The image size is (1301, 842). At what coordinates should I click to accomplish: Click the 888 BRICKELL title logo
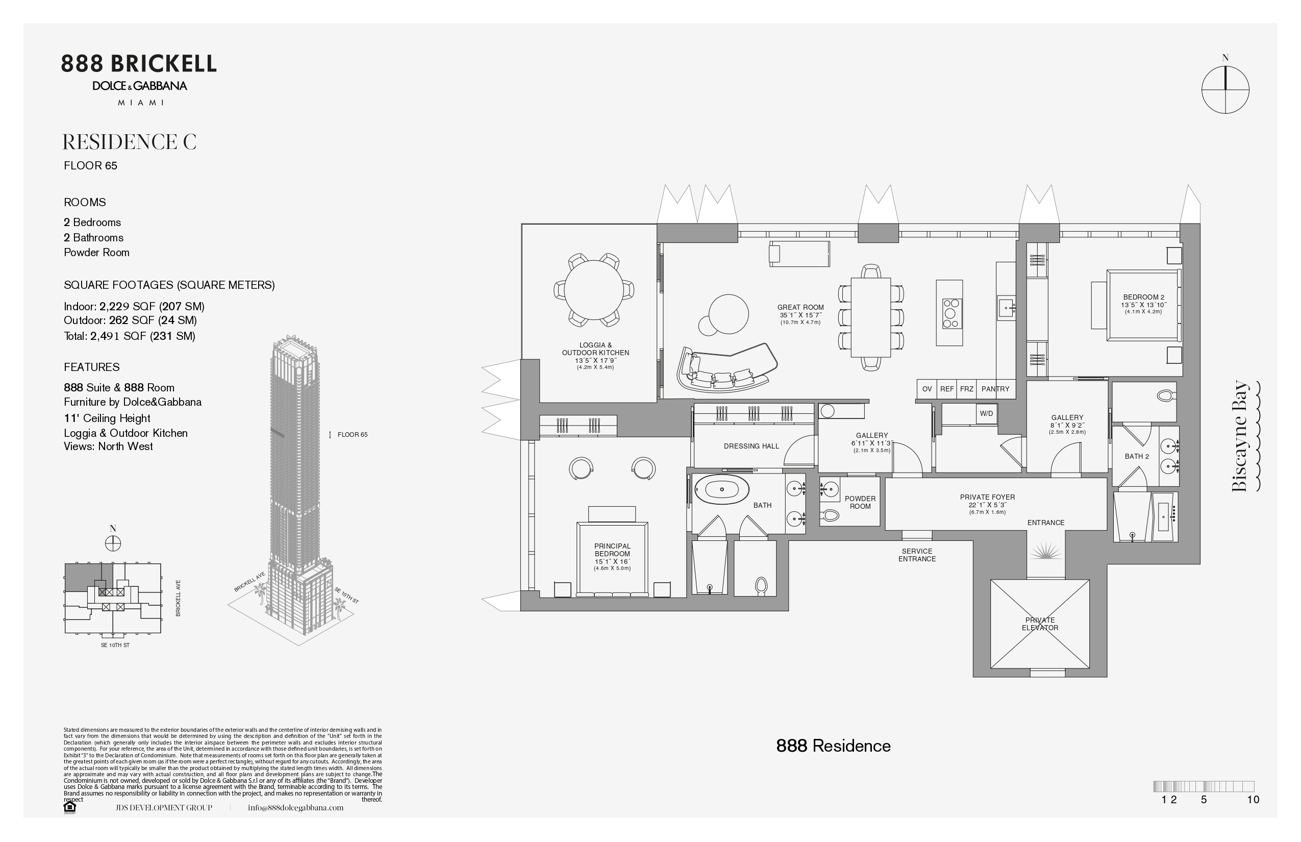pos(139,64)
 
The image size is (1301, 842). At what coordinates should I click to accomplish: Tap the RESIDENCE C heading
pos(130,142)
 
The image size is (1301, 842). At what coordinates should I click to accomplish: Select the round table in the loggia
pos(594,290)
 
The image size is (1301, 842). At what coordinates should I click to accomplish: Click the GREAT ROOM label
pos(800,307)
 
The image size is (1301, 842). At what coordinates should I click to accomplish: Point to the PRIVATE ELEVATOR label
pos(1040,624)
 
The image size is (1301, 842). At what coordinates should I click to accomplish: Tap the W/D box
pos(986,414)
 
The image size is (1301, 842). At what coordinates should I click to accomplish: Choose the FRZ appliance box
pos(966,389)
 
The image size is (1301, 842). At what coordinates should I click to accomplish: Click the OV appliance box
pos(927,389)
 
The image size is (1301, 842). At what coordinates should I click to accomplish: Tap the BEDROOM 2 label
pos(1143,298)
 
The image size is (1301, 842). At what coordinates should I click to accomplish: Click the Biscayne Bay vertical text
pos(1240,436)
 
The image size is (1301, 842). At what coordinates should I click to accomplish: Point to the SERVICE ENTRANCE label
pos(917,555)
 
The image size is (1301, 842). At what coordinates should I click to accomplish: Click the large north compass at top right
pos(1225,90)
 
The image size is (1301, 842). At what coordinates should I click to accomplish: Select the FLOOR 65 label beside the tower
pos(353,435)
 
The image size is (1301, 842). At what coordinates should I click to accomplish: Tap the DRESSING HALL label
pos(751,446)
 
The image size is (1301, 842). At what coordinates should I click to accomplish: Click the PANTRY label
pos(995,389)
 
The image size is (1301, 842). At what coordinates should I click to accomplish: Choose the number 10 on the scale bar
pos(1253,799)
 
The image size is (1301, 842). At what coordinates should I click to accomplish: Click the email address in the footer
pos(296,807)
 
